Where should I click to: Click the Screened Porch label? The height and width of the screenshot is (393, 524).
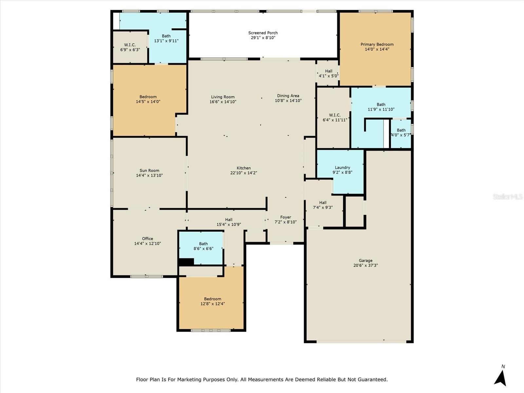click(263, 33)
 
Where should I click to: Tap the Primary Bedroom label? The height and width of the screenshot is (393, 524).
click(377, 45)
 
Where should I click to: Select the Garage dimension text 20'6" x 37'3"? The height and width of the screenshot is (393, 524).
click(365, 265)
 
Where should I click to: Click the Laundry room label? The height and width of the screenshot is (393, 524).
click(342, 167)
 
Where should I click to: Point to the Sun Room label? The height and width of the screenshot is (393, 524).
click(149, 170)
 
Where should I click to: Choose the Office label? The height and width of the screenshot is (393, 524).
click(147, 239)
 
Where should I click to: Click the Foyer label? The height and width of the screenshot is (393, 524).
click(286, 217)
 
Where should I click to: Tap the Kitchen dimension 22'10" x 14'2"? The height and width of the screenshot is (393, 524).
click(244, 173)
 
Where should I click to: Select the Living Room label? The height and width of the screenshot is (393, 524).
click(223, 97)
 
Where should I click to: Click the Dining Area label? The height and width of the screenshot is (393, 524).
click(288, 96)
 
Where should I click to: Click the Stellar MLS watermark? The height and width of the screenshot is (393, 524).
click(508, 197)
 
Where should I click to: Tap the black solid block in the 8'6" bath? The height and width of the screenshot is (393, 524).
click(186, 262)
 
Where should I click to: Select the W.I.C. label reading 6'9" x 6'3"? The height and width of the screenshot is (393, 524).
click(130, 47)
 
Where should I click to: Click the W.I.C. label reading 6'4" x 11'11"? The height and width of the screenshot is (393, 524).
click(335, 117)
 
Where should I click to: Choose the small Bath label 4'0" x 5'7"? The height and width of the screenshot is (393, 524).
click(401, 132)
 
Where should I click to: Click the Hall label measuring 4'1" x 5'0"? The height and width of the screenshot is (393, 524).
click(328, 73)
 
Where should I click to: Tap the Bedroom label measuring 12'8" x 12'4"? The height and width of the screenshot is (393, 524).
click(213, 301)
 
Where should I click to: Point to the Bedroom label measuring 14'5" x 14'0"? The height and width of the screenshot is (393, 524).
click(148, 99)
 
